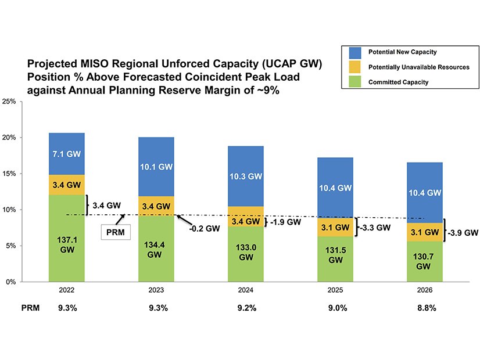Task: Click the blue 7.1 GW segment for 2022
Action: point(67,154)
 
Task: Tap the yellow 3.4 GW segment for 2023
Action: point(156,206)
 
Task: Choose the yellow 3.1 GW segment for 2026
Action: point(425,232)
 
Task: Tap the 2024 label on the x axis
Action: point(246,290)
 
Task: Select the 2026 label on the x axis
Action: point(425,290)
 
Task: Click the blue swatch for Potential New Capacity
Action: point(356,52)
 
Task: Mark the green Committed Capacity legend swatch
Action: point(356,82)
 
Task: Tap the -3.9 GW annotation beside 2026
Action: point(463,232)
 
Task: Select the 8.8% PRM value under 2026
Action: point(425,308)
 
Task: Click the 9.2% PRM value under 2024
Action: point(246,308)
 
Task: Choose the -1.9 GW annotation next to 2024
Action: point(286,222)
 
